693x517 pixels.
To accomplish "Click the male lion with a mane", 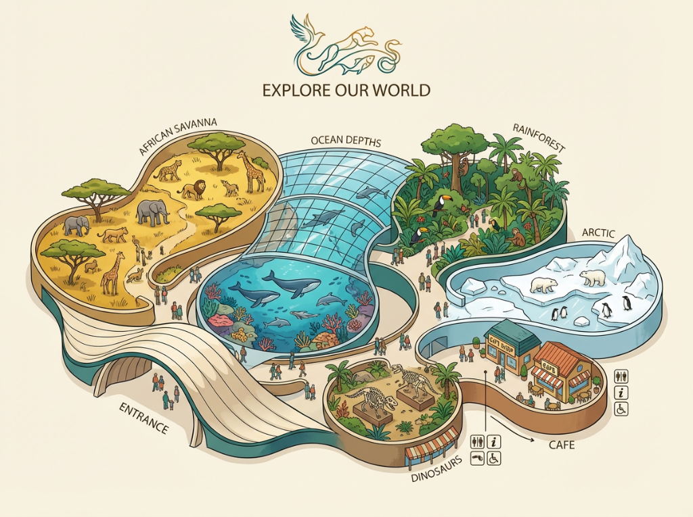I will pos(193,191).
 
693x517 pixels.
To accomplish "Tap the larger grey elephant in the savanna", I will pos(152,212).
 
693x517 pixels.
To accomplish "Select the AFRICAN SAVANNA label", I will pos(178,136).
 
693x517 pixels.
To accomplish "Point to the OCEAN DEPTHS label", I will pos(346,142).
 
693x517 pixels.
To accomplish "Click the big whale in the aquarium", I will pos(293,284).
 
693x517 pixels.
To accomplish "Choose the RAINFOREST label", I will pos(539,137).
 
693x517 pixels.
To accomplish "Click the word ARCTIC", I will pos(598,234).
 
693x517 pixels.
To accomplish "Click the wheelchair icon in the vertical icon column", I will pos(621,408).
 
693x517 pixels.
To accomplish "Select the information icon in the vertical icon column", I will pos(621,393).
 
